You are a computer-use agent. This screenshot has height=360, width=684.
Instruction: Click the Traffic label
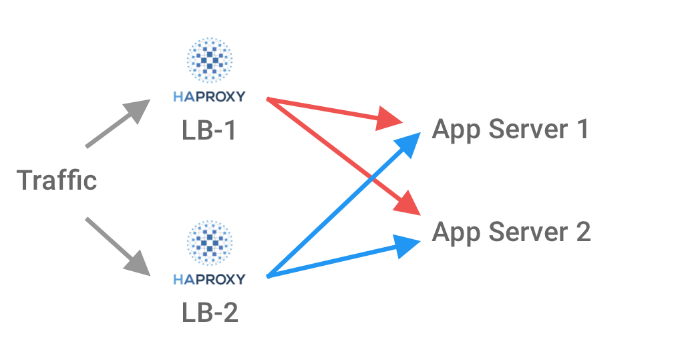[x=57, y=180]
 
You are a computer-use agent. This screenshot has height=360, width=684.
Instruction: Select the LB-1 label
[x=208, y=130]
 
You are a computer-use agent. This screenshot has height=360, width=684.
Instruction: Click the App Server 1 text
[x=510, y=129]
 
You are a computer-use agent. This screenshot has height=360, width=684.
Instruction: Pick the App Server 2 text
[x=511, y=232]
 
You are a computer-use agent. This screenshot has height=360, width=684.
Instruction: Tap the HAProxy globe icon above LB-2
[x=209, y=243]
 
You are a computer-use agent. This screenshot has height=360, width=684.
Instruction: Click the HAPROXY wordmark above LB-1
[x=209, y=98]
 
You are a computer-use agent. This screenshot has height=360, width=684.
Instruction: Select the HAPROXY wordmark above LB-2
[x=209, y=279]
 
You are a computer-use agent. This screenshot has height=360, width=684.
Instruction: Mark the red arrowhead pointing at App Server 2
[x=407, y=204]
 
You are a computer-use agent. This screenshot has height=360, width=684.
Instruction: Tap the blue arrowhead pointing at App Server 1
[x=408, y=143]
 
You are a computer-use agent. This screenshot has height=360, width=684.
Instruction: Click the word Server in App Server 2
[x=524, y=232]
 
